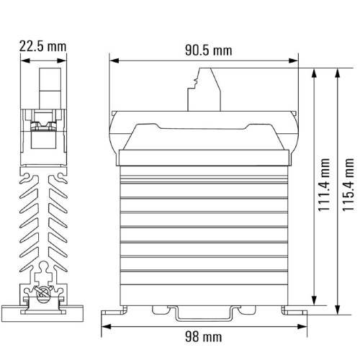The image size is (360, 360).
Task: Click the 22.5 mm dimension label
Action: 42,46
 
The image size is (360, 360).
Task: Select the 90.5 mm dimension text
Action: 209,50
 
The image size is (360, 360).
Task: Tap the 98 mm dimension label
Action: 203,336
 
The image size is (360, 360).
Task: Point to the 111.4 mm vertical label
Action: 324,185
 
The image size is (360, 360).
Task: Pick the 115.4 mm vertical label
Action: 348,185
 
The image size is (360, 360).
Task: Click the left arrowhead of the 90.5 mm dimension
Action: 114,60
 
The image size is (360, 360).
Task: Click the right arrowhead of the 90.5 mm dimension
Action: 293,60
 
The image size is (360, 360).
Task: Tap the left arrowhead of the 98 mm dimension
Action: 106,326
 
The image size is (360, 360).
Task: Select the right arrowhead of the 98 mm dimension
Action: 302,326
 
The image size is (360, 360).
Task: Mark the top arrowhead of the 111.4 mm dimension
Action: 314,73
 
